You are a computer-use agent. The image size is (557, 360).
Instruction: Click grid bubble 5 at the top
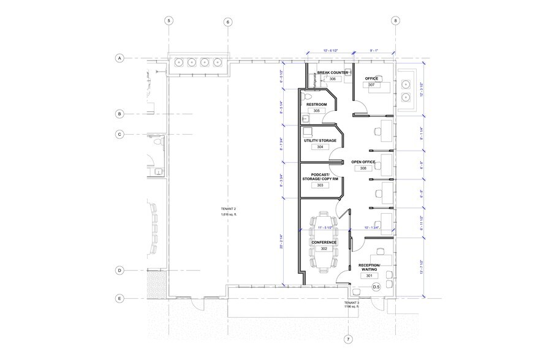point(169,20)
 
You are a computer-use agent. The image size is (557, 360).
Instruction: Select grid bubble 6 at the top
point(228,22)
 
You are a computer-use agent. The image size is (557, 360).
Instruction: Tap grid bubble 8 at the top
point(396,20)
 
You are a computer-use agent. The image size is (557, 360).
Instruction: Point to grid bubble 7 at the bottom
point(348,339)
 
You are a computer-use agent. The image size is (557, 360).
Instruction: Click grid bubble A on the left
point(120,58)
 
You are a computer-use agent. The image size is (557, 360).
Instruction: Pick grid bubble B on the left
point(120,113)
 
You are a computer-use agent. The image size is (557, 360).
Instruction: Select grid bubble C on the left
point(120,134)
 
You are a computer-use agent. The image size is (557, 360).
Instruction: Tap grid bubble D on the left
point(120,270)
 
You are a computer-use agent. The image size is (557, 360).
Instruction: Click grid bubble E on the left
point(120,299)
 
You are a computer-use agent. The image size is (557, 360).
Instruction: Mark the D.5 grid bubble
point(376,287)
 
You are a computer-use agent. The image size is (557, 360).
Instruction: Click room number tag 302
point(324,249)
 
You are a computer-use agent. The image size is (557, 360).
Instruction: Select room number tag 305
point(316,111)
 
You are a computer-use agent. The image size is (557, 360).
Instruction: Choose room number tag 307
point(371,85)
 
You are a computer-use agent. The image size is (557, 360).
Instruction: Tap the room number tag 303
point(320,185)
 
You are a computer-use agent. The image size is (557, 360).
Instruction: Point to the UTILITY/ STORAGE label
point(320,141)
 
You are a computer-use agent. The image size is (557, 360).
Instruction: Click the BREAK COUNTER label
point(333,72)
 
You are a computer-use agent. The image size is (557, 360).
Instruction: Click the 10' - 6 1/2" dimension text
point(334,51)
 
